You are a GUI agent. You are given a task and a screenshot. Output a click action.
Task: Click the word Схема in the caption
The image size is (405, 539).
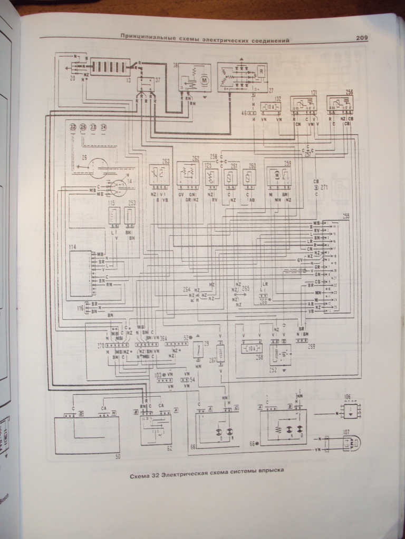coord(141,477)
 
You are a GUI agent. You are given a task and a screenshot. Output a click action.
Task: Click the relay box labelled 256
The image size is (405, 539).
coord(340,103)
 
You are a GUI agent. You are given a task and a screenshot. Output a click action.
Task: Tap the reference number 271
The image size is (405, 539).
coord(324,187)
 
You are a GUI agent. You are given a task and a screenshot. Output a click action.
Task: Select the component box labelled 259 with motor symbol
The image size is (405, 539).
coord(279,175)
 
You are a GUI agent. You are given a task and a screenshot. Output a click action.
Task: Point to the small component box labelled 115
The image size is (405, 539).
coord(114,216)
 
